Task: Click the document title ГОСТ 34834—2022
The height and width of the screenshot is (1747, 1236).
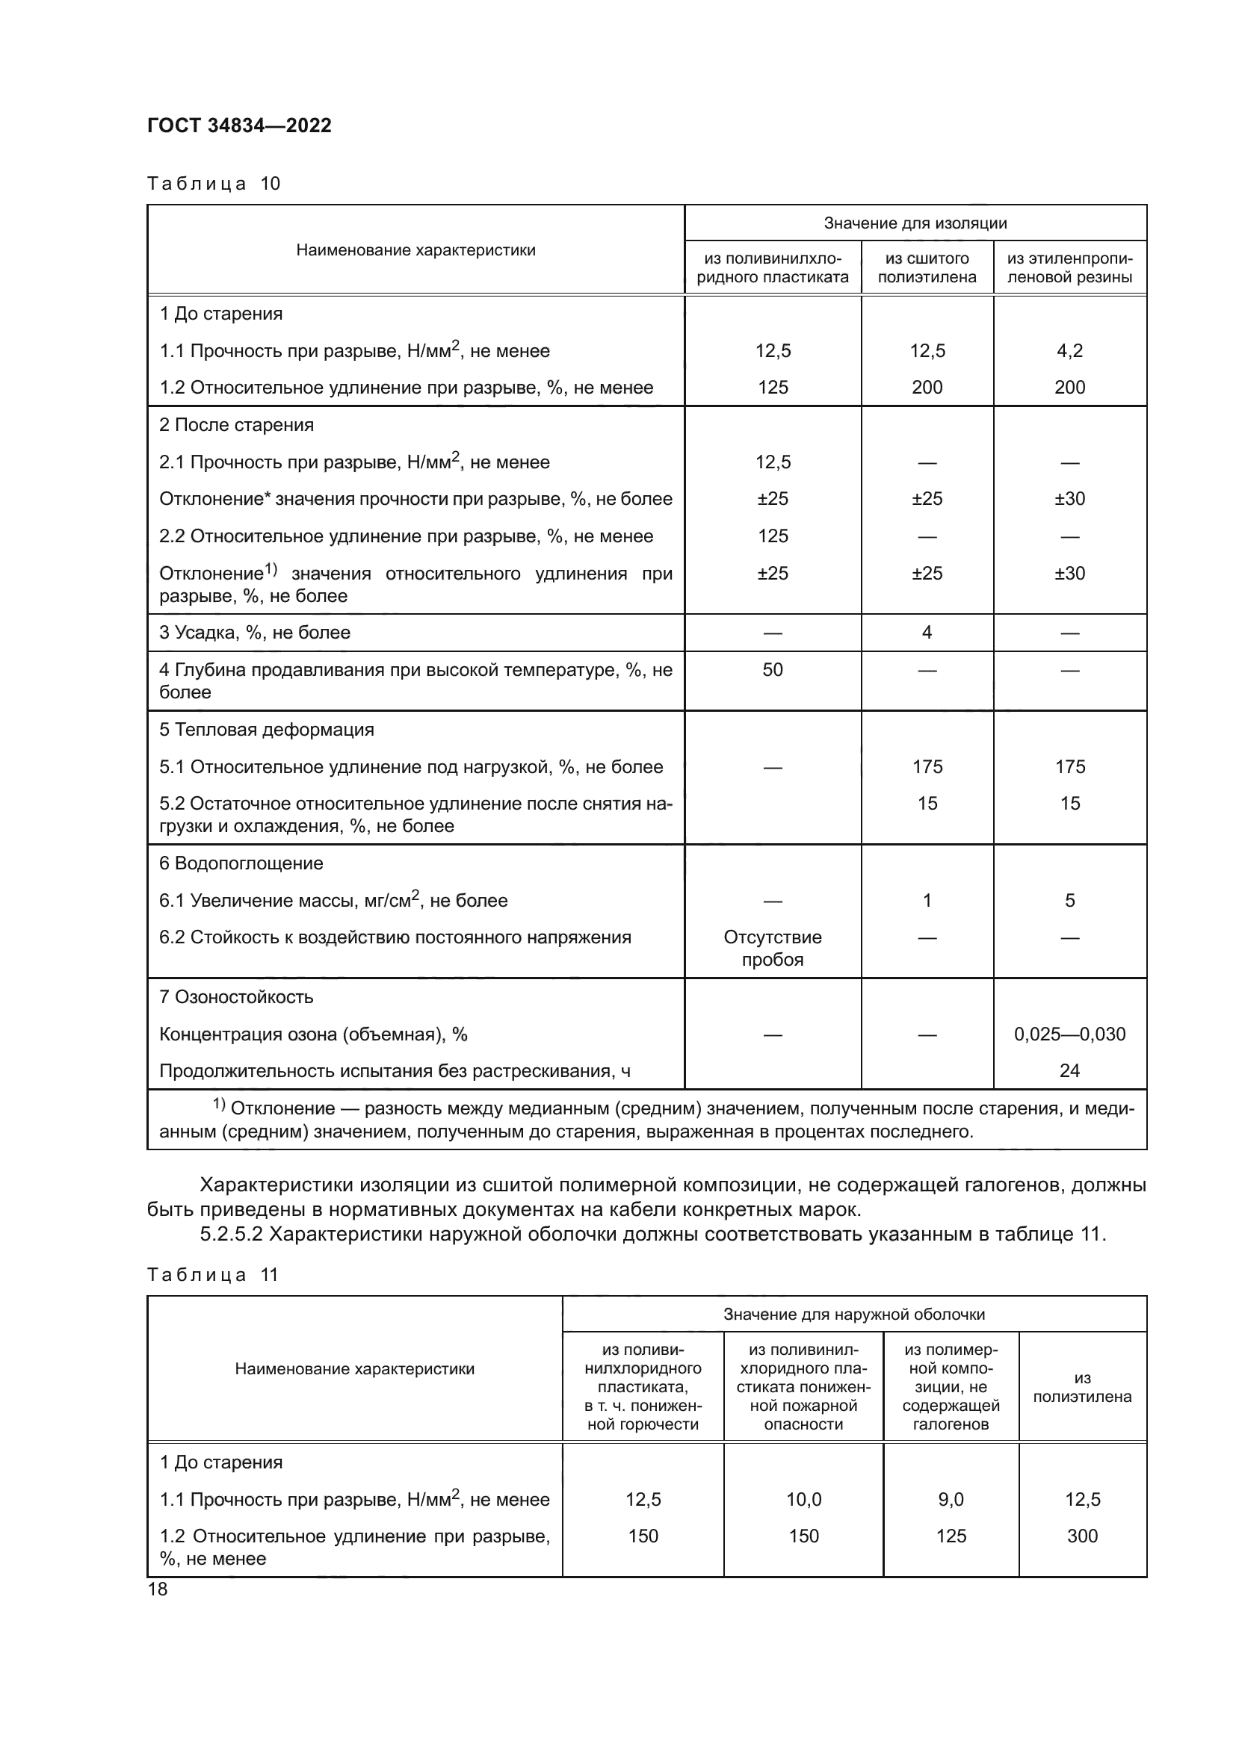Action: tap(239, 125)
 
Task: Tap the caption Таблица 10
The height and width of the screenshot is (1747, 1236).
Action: tap(213, 184)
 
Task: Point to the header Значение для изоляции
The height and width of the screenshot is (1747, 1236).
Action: tap(915, 223)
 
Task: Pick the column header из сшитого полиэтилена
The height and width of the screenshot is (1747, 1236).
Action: tap(926, 268)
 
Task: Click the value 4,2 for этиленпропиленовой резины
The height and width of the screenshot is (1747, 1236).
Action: tap(1069, 351)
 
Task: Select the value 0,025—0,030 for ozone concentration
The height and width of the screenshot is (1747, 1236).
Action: tap(1069, 1034)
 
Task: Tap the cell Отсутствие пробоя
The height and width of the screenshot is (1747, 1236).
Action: tap(773, 948)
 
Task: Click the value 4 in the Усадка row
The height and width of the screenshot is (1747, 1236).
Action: tap(926, 633)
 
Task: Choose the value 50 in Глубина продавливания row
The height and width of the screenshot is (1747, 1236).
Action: tap(773, 669)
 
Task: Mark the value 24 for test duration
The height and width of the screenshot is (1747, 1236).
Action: tap(1069, 1070)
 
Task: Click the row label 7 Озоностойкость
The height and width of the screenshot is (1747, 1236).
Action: tap(236, 997)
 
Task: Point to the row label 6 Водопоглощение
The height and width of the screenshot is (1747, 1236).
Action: tap(241, 863)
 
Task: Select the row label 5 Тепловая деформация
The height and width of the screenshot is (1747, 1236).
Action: tap(266, 730)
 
